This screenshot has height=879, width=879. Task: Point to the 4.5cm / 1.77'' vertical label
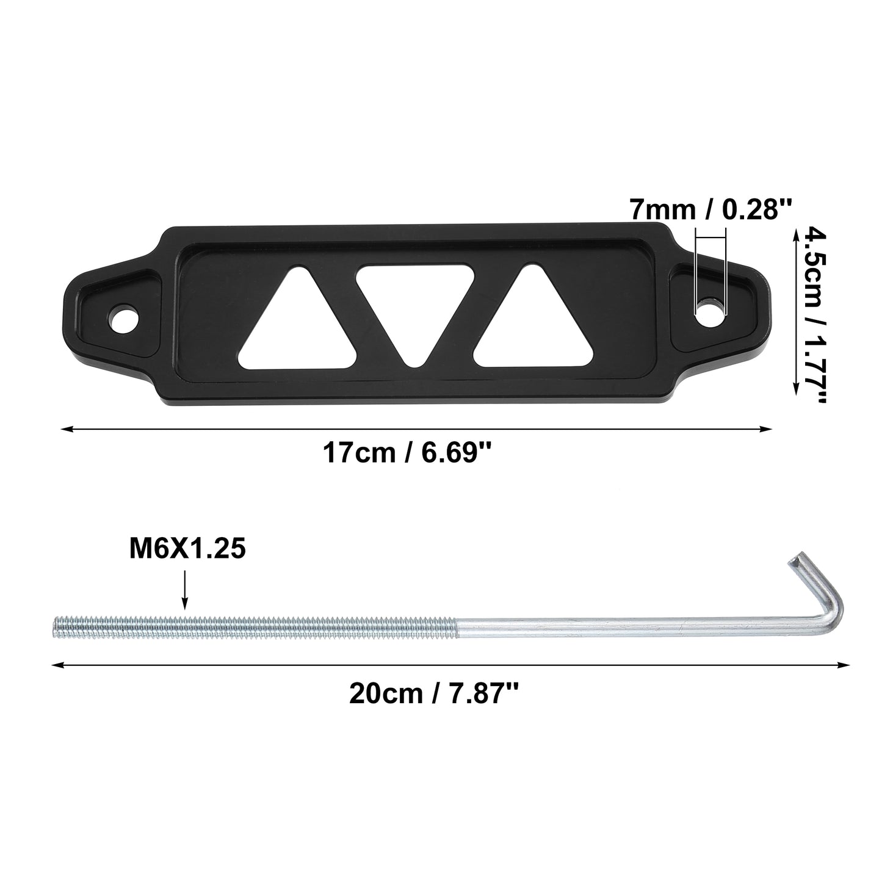click(815, 316)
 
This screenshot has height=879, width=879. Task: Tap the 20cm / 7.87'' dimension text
click(434, 694)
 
